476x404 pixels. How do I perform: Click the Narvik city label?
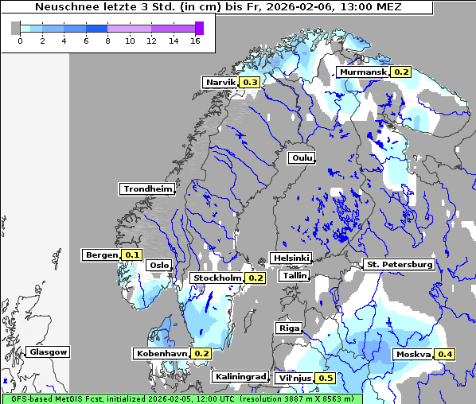tap(220, 82)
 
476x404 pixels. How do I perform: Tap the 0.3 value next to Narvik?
tap(251, 82)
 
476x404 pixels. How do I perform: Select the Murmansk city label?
tap(362, 72)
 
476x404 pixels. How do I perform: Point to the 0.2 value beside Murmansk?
tap(401, 72)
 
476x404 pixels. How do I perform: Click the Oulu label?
tap(302, 157)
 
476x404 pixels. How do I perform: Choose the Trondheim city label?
tap(147, 188)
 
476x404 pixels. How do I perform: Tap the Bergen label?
tap(101, 255)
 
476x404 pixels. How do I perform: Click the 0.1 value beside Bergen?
tap(132, 255)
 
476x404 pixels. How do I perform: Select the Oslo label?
tap(159, 266)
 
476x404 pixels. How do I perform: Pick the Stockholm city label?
tap(217, 278)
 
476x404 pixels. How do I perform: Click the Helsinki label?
tap(291, 258)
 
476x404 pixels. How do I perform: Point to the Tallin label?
tap(295, 275)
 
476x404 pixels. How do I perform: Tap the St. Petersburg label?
tap(399, 264)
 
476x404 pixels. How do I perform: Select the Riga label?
tap(288, 328)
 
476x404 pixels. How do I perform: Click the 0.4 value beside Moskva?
tap(444, 354)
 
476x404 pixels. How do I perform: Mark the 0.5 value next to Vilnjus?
tap(326, 378)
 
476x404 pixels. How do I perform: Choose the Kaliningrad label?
tap(239, 376)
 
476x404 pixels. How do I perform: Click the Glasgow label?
tap(48, 352)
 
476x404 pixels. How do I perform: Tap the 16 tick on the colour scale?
tap(195, 41)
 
